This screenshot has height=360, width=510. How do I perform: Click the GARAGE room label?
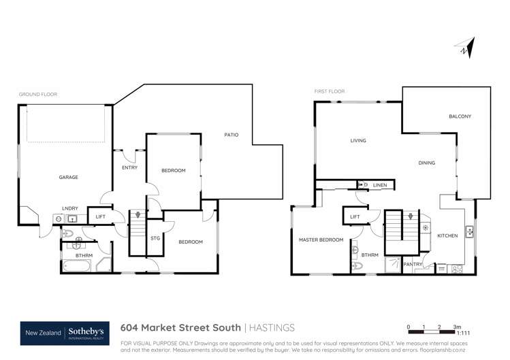coord(68,178)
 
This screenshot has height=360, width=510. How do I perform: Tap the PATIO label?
coord(232,135)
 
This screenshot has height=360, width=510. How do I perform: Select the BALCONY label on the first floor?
coord(460,116)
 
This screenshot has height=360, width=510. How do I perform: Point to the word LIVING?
coord(358,141)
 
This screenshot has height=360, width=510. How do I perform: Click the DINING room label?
coord(427,163)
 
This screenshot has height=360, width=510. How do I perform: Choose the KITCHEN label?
coord(447,235)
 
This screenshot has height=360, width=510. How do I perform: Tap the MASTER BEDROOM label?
coord(321,240)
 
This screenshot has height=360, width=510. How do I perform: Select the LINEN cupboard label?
coord(380,185)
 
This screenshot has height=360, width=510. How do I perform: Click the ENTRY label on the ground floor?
coord(129,167)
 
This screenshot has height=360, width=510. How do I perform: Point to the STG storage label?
coord(155,238)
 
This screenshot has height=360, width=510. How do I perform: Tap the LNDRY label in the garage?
coord(69,208)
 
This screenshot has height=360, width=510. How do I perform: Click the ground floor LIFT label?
coord(100,217)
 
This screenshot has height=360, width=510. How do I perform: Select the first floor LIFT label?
coord(355,217)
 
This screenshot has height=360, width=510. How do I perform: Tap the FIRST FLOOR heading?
coord(330,91)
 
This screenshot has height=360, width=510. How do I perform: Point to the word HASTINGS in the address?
coord(274,327)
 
